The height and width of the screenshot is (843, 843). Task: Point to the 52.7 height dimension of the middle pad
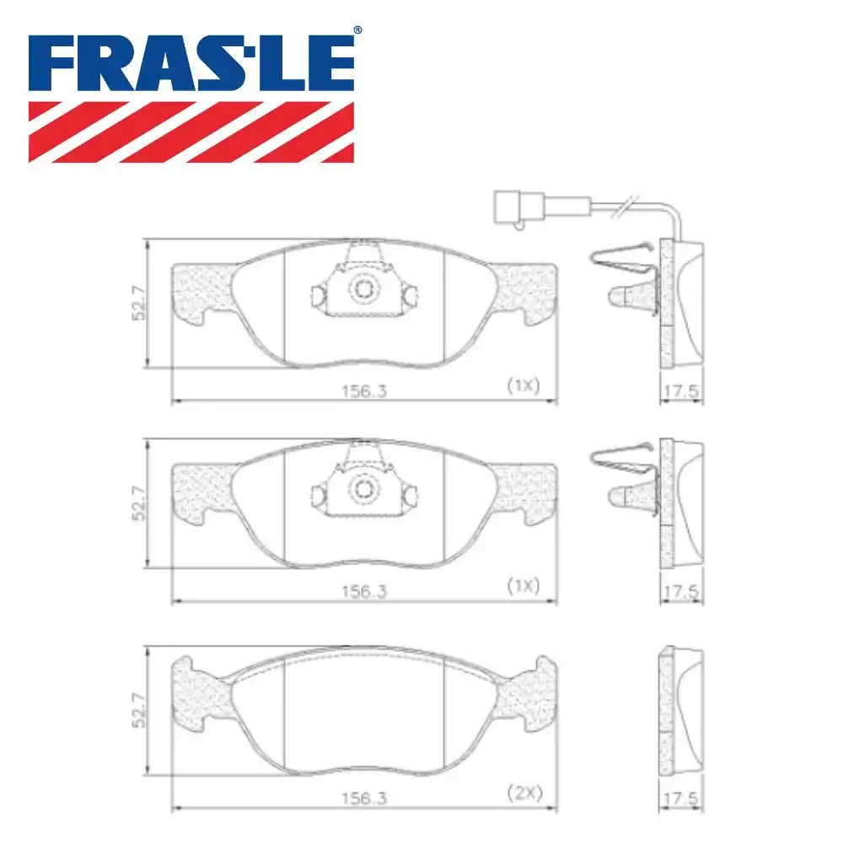pos(139,503)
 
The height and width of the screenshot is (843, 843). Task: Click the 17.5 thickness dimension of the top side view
pos(680,391)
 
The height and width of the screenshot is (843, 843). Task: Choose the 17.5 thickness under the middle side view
pos(680,593)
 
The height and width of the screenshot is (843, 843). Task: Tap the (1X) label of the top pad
pos(522,385)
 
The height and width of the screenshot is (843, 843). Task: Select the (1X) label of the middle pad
pos(522,586)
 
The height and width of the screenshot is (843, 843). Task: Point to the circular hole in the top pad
pos(363,289)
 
